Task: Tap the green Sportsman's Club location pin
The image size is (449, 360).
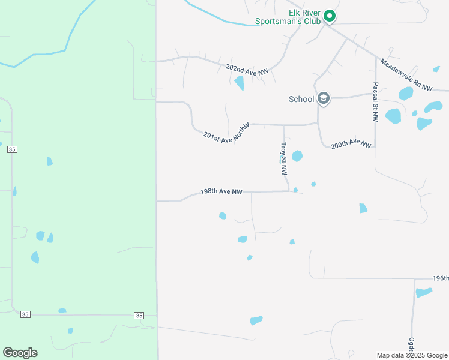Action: [329, 16]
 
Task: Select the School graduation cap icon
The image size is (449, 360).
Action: [324, 98]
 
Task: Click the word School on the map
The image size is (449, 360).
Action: [301, 99]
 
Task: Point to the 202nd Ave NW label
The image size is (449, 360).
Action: [247, 70]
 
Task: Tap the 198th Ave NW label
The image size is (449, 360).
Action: [221, 192]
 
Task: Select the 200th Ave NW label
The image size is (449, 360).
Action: [351, 144]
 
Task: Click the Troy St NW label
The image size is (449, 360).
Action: [283, 158]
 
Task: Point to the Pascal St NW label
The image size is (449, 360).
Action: [375, 102]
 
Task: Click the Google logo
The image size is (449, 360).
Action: [20, 353]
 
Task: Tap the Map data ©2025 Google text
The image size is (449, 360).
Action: [412, 355]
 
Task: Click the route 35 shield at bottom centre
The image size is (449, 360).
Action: [139, 315]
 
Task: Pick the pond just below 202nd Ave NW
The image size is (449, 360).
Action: [240, 83]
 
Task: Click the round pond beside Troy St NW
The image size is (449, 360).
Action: [297, 156]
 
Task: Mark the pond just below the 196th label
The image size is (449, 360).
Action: [424, 292]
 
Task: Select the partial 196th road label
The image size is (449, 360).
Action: [440, 278]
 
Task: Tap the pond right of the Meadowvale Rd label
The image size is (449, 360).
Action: [406, 94]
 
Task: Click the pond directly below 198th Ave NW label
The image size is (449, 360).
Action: [223, 215]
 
